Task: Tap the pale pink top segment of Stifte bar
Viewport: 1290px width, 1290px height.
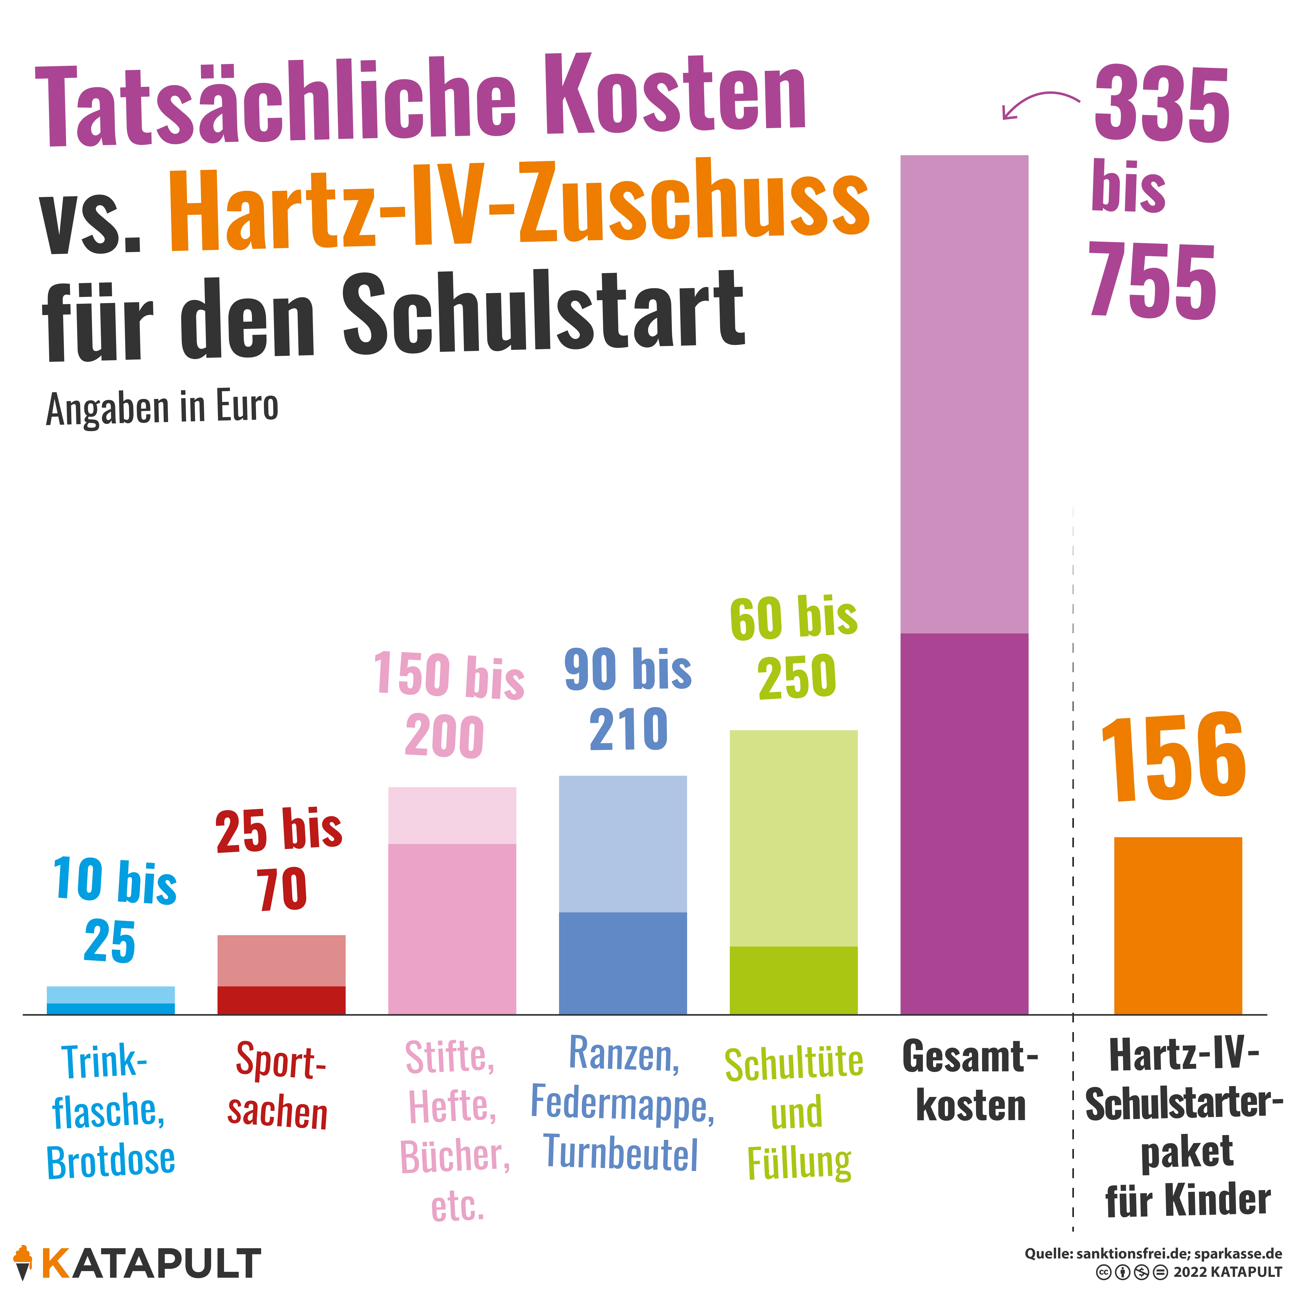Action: [x=452, y=815]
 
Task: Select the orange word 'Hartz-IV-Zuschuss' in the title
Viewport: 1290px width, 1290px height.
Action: [x=519, y=204]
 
